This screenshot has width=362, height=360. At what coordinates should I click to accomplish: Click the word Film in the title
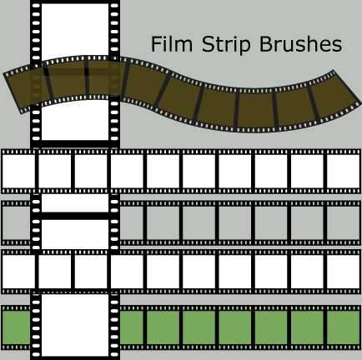(172, 44)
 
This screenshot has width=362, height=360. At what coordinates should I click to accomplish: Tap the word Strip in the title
(226, 44)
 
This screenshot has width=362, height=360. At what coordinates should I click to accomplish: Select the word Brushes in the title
(300, 44)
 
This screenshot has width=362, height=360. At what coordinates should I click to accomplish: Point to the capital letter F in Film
(156, 44)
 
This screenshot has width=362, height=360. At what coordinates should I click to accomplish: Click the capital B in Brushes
(266, 44)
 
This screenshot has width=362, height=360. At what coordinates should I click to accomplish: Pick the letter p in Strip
(244, 47)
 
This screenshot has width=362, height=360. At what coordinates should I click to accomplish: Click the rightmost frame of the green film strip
(343, 327)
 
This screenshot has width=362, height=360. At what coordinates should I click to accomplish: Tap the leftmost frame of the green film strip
(16, 327)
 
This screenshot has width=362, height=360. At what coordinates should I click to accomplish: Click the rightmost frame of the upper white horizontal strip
(343, 171)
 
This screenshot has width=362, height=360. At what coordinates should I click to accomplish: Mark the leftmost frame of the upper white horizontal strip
(18, 171)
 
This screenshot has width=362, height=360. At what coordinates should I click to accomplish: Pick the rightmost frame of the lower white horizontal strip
(343, 272)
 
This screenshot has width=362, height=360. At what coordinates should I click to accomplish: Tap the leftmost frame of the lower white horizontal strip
(18, 272)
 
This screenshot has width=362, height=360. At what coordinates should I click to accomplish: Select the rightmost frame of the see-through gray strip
(343, 222)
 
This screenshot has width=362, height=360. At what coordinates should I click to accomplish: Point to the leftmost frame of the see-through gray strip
(16, 222)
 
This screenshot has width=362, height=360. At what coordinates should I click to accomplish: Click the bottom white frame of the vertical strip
(75, 325)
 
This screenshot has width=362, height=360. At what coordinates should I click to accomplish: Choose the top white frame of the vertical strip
(75, 30)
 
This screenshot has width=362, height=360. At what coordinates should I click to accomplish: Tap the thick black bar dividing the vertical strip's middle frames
(75, 216)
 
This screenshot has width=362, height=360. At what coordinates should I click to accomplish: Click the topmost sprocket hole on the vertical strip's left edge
(36, 6)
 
